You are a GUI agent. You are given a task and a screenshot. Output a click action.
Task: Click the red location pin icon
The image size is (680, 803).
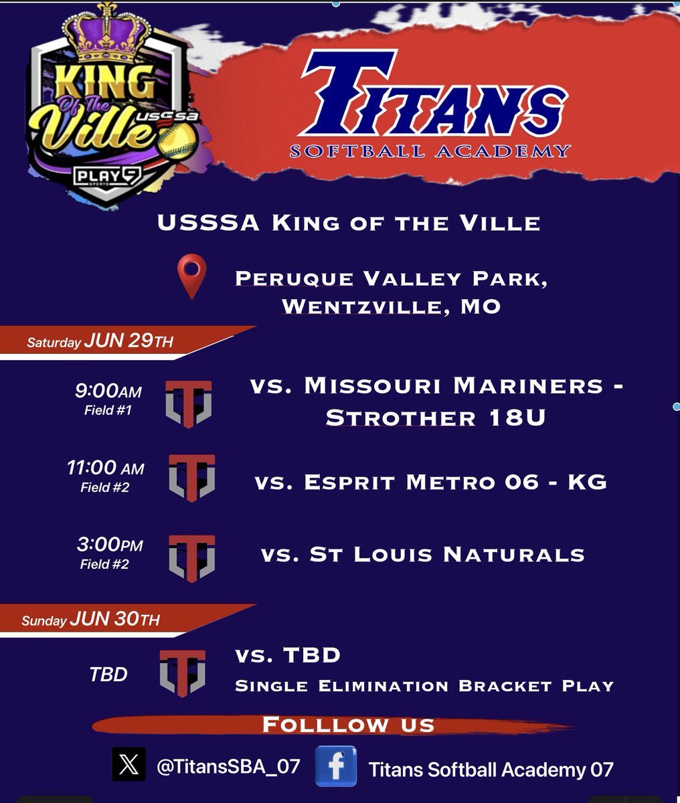pos(191,276)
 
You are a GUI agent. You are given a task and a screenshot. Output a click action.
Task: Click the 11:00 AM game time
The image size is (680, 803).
pos(106,468)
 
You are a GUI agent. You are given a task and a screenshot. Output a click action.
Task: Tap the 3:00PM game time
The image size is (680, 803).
pos(110,545)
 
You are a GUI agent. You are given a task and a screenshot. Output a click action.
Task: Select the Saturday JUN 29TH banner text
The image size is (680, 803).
pos(100,342)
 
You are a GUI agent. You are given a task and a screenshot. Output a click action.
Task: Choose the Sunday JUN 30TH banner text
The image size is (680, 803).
pos(91,620)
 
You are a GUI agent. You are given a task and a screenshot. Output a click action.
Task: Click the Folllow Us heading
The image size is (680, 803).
pos(348,725)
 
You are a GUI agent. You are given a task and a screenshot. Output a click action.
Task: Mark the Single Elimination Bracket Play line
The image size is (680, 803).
pos(424,686)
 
